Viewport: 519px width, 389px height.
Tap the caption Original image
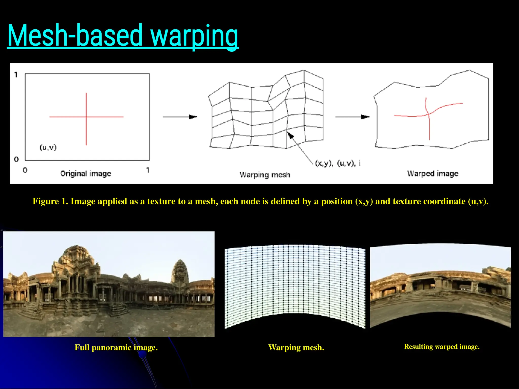tap(86, 173)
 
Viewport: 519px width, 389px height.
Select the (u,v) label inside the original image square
tap(48, 147)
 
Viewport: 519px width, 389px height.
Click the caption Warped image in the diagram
tap(433, 173)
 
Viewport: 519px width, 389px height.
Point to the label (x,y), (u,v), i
tap(338, 163)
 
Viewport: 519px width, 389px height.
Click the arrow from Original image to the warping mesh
tap(180, 117)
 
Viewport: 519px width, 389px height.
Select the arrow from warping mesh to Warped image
tap(352, 117)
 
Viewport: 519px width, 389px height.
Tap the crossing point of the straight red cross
tap(86, 117)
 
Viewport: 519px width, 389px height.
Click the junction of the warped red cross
tap(429, 114)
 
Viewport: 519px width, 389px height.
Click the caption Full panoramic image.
tap(116, 347)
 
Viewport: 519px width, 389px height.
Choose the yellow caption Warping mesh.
tap(296, 347)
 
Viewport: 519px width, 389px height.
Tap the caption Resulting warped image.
tap(442, 346)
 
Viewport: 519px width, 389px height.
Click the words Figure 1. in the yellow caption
tap(50, 201)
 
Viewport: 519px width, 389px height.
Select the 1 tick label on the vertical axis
tap(16, 75)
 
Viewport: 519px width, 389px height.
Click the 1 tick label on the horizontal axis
tap(148, 170)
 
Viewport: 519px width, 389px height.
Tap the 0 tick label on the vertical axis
tap(16, 159)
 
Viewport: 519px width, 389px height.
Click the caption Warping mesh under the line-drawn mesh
tap(265, 175)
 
